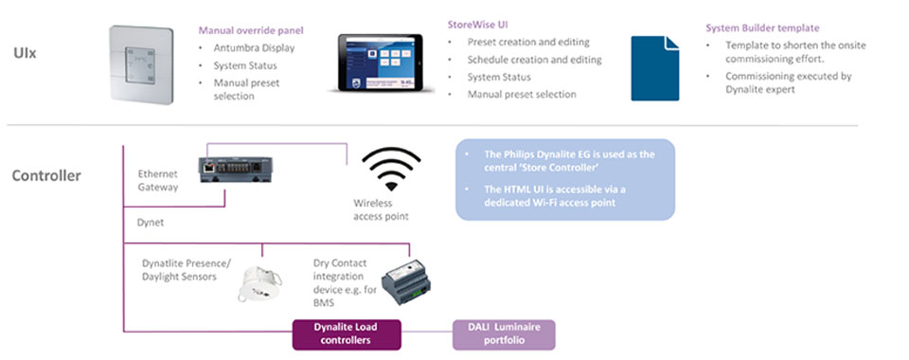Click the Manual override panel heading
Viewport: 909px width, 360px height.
click(251, 30)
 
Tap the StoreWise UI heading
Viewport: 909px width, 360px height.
click(478, 25)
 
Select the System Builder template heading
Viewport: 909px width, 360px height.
click(762, 27)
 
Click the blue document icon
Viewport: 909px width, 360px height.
click(655, 68)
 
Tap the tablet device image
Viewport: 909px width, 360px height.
click(381, 63)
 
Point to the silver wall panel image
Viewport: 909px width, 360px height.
click(141, 65)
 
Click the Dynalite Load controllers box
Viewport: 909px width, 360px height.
click(347, 333)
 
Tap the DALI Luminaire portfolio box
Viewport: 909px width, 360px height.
click(504, 333)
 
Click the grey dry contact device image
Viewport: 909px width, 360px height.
click(406, 283)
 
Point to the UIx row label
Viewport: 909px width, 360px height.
click(26, 53)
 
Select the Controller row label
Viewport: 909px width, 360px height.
click(46, 175)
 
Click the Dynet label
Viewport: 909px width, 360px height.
click(151, 223)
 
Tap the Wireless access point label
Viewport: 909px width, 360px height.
click(381, 210)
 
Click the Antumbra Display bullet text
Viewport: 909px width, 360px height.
click(254, 48)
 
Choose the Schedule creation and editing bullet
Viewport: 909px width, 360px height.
click(534, 60)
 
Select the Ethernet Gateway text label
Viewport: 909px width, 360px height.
click(158, 180)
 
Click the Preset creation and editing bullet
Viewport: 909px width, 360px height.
click(528, 43)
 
